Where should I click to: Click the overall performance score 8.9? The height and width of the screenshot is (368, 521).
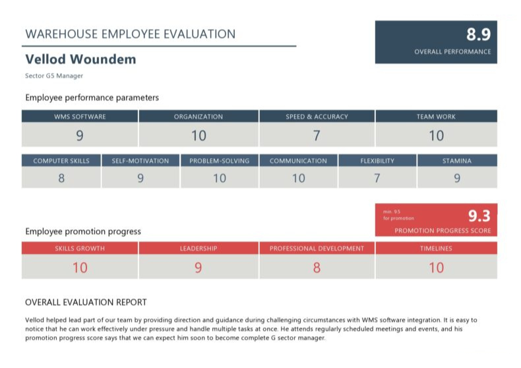[478, 35]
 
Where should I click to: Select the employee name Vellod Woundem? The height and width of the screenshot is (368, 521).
[80, 59]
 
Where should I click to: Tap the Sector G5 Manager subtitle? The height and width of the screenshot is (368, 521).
[54, 76]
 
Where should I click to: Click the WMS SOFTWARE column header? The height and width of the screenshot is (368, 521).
[80, 117]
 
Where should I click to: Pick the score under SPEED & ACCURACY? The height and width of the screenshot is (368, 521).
[317, 136]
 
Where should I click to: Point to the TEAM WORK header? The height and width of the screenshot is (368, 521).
[436, 117]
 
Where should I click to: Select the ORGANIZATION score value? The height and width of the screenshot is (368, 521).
[199, 136]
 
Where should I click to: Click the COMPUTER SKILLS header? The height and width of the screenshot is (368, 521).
[61, 161]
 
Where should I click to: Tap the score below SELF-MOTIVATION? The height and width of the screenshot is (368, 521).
[140, 178]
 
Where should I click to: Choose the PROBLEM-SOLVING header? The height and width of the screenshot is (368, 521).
[219, 161]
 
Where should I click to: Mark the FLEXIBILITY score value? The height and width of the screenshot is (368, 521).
[377, 178]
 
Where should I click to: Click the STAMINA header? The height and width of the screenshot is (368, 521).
[457, 161]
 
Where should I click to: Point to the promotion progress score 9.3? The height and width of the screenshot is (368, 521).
[479, 216]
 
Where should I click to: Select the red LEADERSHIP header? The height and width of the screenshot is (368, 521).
[199, 249]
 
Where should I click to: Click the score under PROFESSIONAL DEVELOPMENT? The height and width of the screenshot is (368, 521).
[317, 268]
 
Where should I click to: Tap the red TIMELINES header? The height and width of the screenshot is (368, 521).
[436, 249]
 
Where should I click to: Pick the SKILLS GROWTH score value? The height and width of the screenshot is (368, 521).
[80, 268]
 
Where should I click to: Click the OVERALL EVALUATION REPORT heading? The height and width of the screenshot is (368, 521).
[86, 303]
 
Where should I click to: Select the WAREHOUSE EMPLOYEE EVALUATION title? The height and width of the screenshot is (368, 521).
[130, 34]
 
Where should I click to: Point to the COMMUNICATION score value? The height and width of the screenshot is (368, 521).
[298, 178]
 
